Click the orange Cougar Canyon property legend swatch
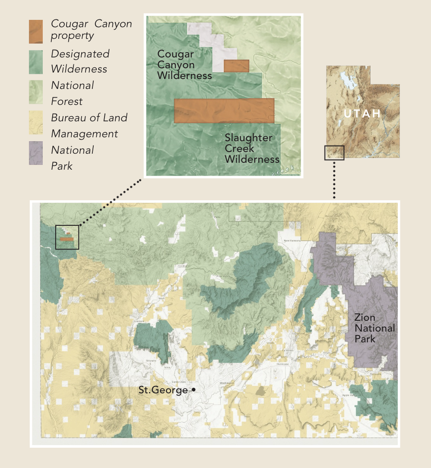[x=36, y=32]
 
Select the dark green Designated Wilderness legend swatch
[x=36, y=62]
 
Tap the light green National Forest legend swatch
[x=36, y=92]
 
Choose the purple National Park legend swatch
[x=36, y=153]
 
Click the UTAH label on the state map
[x=362, y=114]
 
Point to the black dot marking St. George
[x=193, y=390]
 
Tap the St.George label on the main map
[x=163, y=390]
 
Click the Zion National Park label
[x=374, y=328]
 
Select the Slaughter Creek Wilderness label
[x=252, y=149]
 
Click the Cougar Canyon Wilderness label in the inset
[x=184, y=65]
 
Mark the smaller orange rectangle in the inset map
[x=236, y=66]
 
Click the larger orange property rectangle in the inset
[x=224, y=111]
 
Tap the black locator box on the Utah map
[x=334, y=153]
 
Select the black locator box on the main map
[x=67, y=237]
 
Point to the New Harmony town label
[x=292, y=240]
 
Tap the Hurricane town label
[x=283, y=364]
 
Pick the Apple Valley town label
[x=349, y=395]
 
